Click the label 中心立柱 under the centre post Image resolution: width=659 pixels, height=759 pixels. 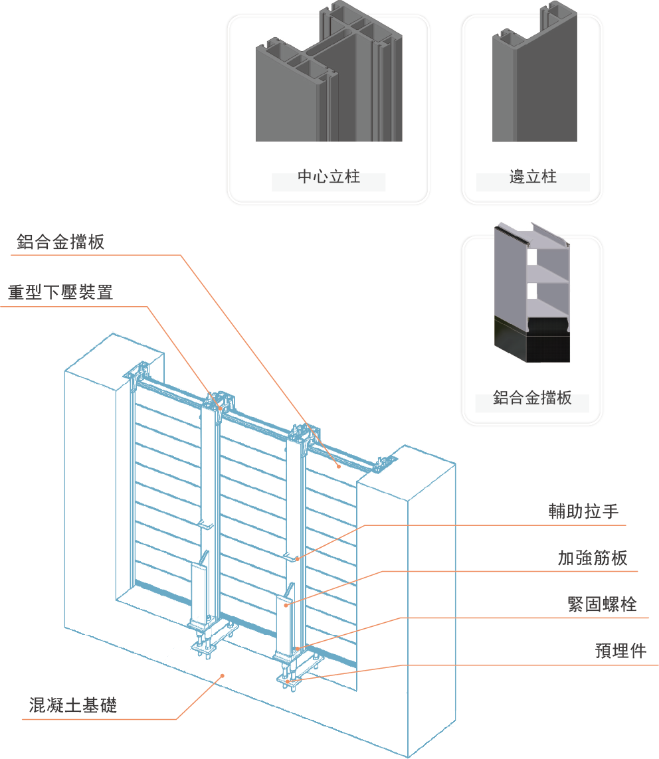tap(329, 177)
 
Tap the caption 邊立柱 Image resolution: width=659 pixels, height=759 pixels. tap(533, 177)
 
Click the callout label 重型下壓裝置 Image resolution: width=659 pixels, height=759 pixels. tap(60, 292)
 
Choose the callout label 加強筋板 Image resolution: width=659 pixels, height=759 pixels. tap(593, 558)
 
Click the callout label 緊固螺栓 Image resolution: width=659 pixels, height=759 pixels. tap(602, 604)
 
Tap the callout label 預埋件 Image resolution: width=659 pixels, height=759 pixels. tap(620, 651)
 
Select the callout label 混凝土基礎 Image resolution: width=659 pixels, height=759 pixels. tap(73, 705)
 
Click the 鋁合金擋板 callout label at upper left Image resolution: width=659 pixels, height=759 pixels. tap(60, 242)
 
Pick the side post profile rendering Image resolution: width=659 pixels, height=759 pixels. tap(534, 86)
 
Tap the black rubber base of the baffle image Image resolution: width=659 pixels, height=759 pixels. tap(533, 339)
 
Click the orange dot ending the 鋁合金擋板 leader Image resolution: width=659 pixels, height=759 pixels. tap(339, 466)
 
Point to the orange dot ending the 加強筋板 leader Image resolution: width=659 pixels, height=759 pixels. tap(286, 605)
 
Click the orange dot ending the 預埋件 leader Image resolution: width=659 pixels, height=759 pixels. tap(287, 681)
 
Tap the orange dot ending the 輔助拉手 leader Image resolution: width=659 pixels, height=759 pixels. tap(297, 558)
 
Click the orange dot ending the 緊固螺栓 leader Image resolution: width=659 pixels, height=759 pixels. tap(297, 648)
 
